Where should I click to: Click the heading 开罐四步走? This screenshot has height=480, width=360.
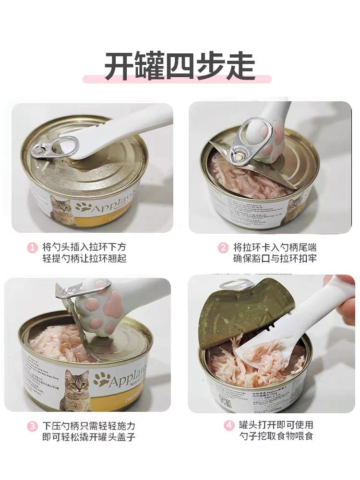180,67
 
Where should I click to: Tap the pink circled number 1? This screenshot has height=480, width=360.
32,248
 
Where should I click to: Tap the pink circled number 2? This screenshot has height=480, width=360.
223,248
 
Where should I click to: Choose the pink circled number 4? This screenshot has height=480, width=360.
228,426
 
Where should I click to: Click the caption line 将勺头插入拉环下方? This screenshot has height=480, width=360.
84,248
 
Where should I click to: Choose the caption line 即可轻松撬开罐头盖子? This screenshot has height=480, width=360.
88,437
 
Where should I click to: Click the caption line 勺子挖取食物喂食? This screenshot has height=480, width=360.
276,437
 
